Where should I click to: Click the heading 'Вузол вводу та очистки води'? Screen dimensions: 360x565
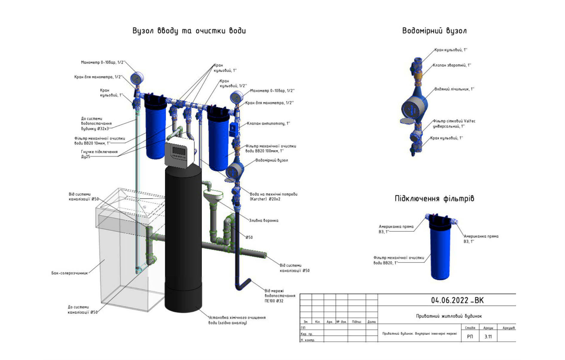(x=189, y=31)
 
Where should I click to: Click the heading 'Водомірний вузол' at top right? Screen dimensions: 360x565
(x=434, y=31)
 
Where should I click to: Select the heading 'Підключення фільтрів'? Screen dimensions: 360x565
(x=434, y=199)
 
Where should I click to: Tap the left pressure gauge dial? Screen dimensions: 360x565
(x=137, y=78)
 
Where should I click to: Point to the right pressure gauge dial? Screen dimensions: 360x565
(x=236, y=97)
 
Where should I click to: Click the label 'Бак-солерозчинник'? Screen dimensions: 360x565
(x=70, y=273)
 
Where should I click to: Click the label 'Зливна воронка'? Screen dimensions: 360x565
(x=264, y=220)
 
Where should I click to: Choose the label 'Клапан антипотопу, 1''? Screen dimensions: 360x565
(x=268, y=123)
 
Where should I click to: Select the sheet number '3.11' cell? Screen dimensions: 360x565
(x=488, y=336)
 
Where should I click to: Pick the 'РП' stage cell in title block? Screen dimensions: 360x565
(x=470, y=336)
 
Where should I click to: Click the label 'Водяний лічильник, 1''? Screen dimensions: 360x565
(x=454, y=89)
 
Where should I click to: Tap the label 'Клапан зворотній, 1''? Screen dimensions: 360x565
(x=452, y=65)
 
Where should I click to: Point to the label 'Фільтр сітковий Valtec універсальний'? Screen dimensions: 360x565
(x=454, y=123)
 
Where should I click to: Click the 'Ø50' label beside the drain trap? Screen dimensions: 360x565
(x=249, y=237)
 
